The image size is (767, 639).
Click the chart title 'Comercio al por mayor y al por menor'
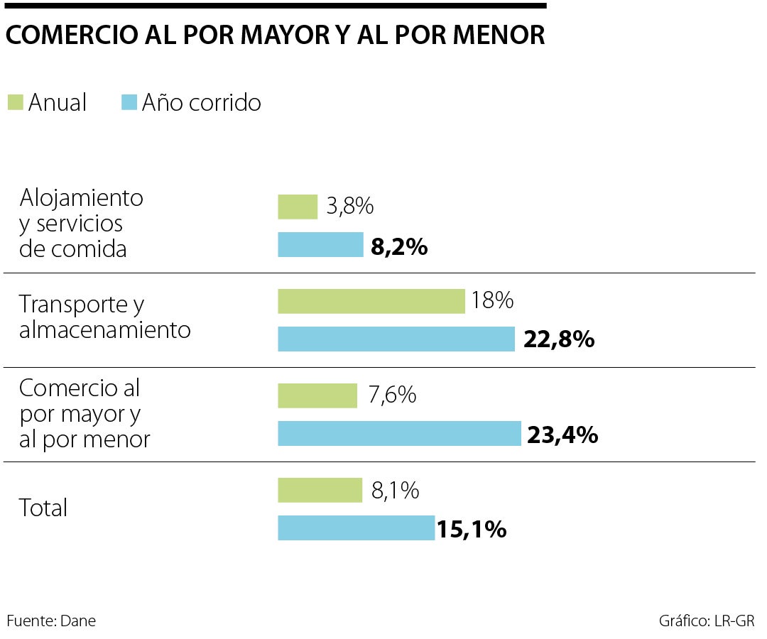coord(275,35)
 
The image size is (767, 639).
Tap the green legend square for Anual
coord(15,102)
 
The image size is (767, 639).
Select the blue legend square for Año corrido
coord(129,102)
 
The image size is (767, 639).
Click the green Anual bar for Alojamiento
coord(298,207)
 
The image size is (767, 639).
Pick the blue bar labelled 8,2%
coord(320,245)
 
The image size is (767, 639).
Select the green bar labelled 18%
coord(371,301)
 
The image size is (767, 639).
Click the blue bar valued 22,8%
coord(396,339)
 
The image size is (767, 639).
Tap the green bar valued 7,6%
coord(317,395)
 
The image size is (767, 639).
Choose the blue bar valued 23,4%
coord(399,433)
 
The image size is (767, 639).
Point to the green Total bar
coord(320,490)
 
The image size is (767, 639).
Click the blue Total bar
coord(356,528)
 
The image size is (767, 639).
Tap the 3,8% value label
coord(350,207)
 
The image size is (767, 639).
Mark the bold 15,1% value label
coord(472,529)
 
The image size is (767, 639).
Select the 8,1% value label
coord(395,490)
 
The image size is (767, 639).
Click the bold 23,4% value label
coord(562,435)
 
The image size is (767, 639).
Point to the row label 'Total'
coord(43,508)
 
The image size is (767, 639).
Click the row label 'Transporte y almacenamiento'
coord(104,317)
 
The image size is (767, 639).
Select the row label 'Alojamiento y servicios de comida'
coord(81,223)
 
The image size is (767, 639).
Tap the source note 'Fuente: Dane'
coord(51,621)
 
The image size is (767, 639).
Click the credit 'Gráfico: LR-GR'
coord(706,621)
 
